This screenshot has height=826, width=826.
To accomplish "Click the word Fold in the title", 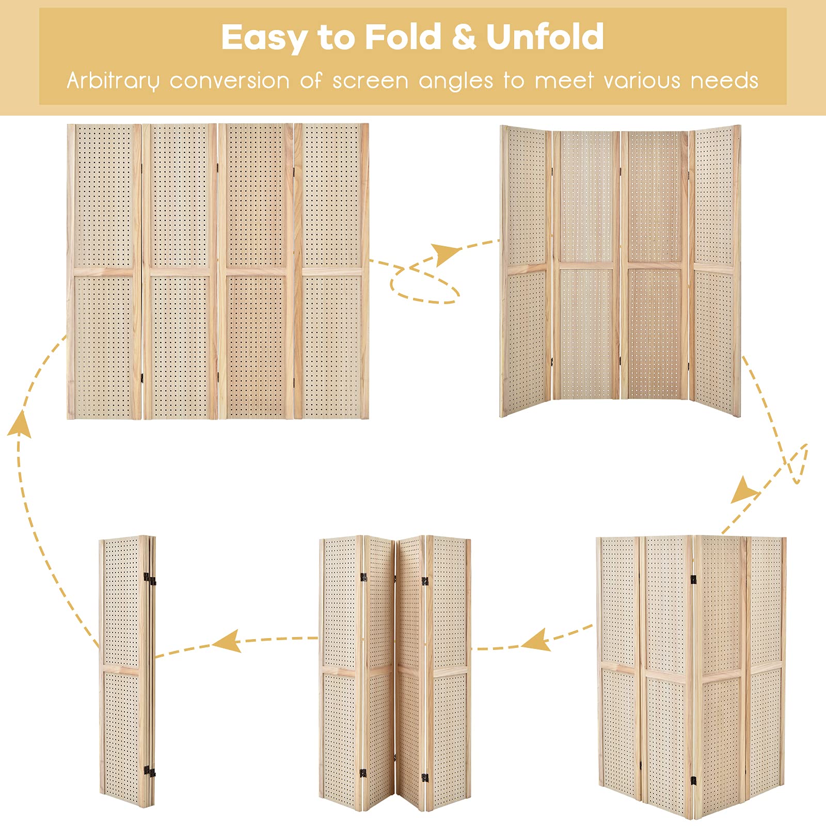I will tap(403, 37).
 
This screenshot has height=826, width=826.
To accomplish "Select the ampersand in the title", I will tap(464, 37).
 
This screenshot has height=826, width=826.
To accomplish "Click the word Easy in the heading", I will tap(264, 38).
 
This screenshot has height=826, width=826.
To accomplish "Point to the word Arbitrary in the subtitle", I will tap(113, 81).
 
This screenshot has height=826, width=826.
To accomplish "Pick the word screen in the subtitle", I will tap(370, 81).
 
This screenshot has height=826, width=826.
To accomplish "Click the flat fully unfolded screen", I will tap(218, 271).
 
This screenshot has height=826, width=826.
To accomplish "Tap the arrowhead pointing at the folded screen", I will tap(228, 642).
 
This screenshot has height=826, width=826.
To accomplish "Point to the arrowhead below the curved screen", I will tap(743, 490).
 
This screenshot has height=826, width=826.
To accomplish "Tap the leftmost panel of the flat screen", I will tap(104, 271).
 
